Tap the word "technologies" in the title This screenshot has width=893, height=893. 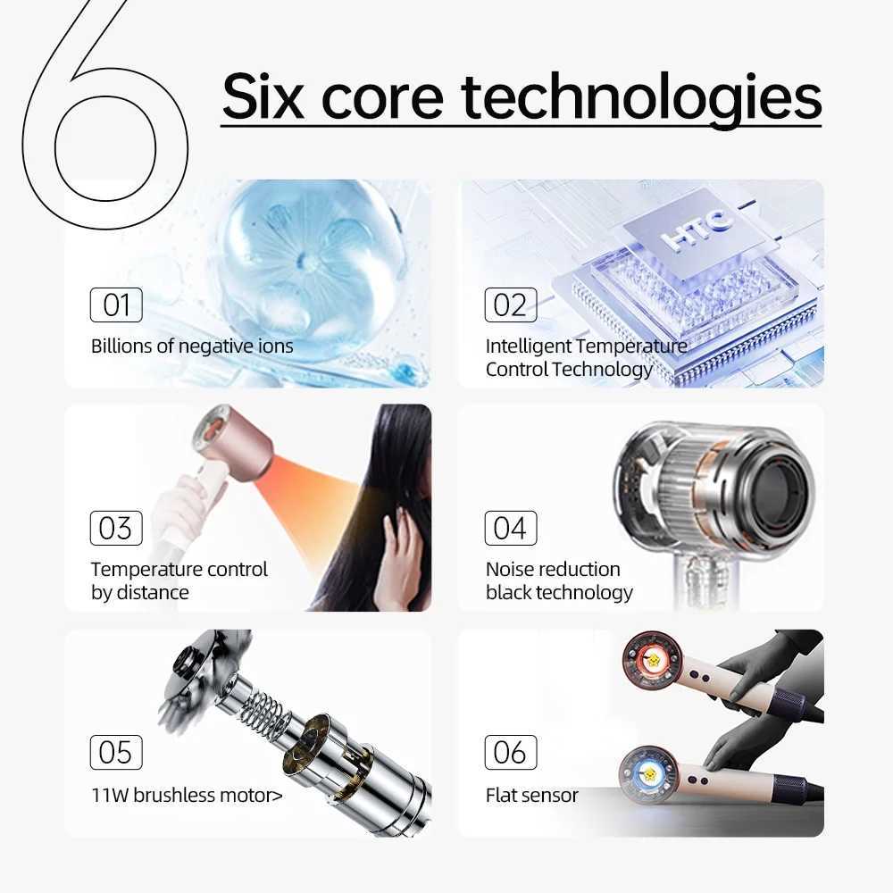[x=641, y=98]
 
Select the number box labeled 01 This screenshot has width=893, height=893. [x=116, y=305]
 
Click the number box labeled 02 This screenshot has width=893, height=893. [x=510, y=305]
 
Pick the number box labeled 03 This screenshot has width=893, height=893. [x=116, y=528]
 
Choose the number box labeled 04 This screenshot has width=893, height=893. [x=510, y=528]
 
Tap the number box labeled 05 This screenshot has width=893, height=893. [x=116, y=752]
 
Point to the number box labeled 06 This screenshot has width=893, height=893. [x=510, y=752]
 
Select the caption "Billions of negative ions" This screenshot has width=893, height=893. [x=192, y=346]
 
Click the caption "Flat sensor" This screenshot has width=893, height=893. [x=532, y=795]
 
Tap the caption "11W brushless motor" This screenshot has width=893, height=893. [x=186, y=794]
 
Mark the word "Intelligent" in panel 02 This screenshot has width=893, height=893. [x=529, y=346]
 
